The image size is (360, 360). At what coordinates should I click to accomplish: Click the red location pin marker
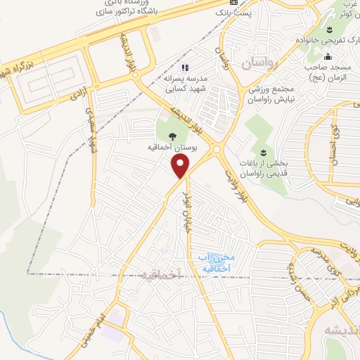[181, 166]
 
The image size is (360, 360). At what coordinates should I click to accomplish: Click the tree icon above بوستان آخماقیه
[173, 136]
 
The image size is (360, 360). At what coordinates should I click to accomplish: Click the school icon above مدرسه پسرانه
[186, 67]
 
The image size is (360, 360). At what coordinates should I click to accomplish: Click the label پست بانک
[233, 13]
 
